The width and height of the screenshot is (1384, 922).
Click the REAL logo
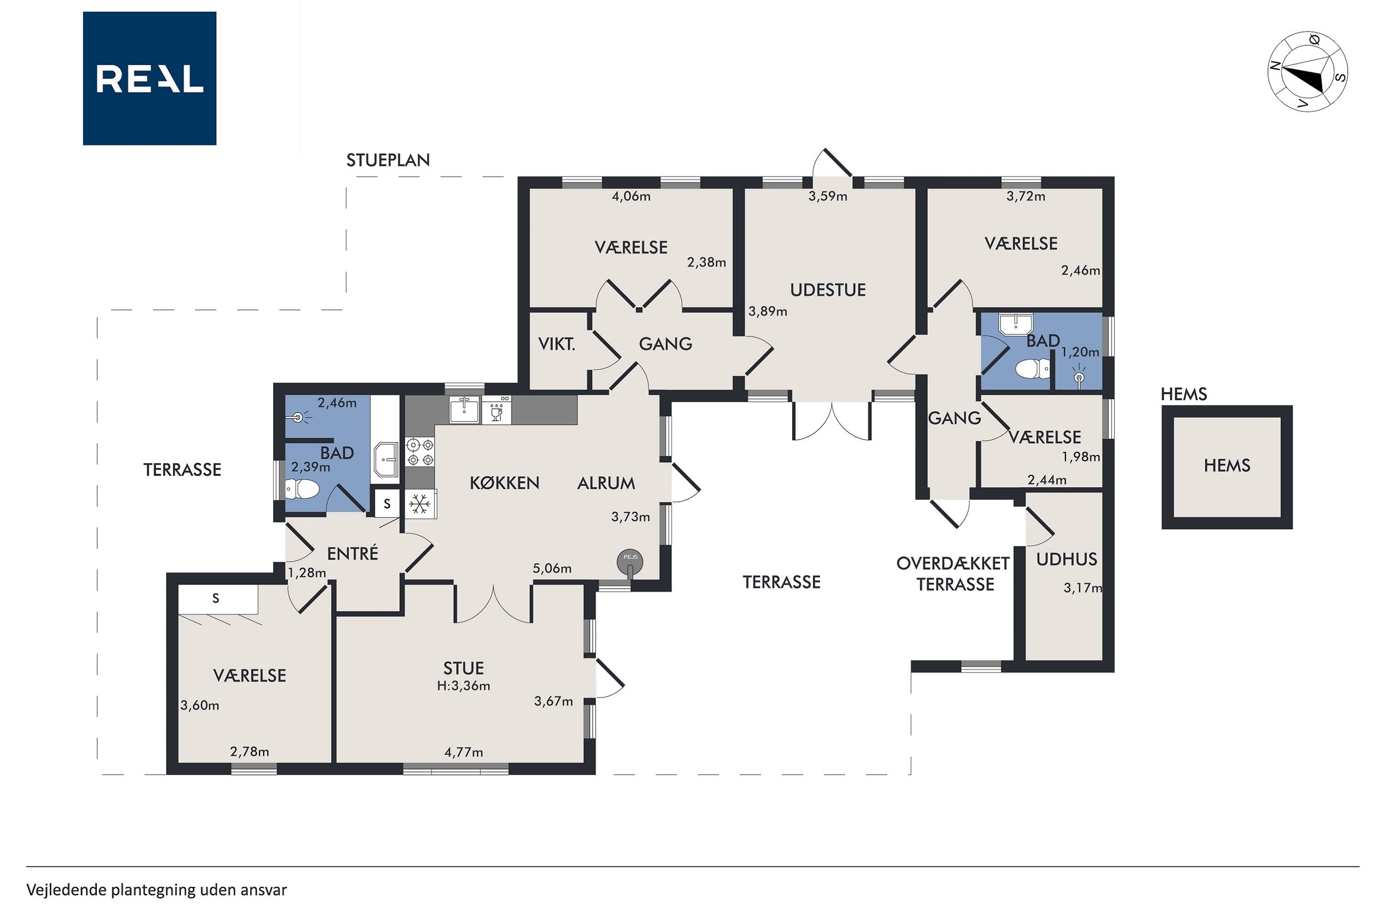150,78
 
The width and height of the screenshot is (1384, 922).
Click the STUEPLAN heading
388,160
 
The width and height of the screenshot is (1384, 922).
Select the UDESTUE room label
828,290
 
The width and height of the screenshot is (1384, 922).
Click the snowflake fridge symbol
419,504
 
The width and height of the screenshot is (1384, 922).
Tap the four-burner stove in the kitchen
419,452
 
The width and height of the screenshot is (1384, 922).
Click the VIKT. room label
556,345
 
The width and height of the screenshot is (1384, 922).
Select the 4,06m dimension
631,196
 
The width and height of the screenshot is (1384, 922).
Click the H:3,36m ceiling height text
464,686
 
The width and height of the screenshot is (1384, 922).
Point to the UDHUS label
1066,559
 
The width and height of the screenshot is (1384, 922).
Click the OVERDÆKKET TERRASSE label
953,574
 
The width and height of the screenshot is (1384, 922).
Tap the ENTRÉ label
352,553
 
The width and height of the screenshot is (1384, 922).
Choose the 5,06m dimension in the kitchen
551,569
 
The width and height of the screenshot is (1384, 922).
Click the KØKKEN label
504,483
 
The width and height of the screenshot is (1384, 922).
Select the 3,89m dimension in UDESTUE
768,312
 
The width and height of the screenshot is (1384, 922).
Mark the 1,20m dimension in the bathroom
1080,352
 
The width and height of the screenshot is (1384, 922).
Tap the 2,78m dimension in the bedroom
250,751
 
